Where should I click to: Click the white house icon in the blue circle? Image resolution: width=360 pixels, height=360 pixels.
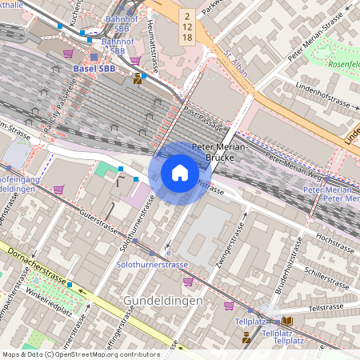[x=180, y=173]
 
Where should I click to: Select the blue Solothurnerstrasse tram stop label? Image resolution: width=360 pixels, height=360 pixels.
[x=152, y=264]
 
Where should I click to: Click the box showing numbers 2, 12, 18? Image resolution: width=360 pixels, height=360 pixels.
[x=186, y=26]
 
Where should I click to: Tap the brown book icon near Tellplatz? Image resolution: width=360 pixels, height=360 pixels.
[x=287, y=321]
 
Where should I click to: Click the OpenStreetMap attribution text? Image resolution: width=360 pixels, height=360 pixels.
[x=80, y=354]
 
